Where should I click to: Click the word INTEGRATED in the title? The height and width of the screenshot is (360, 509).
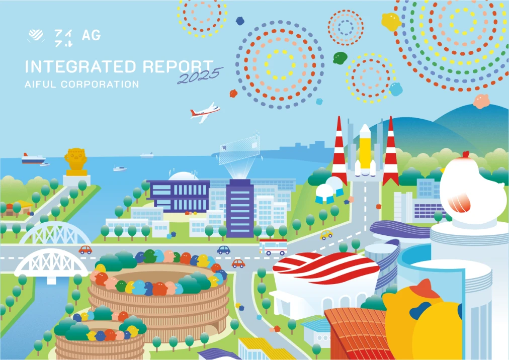(x=80, y=67)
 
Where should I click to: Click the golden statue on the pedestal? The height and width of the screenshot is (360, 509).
(x=75, y=160)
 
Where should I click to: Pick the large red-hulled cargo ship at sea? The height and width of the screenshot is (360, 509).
(x=33, y=158)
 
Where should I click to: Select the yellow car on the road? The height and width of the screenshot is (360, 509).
(x=326, y=234)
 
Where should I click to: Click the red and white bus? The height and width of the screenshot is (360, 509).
(x=273, y=247)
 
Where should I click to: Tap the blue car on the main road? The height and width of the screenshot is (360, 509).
(x=223, y=250)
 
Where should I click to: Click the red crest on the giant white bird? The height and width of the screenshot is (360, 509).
(x=466, y=154)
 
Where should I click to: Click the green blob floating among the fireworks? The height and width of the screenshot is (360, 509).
(x=341, y=58)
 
